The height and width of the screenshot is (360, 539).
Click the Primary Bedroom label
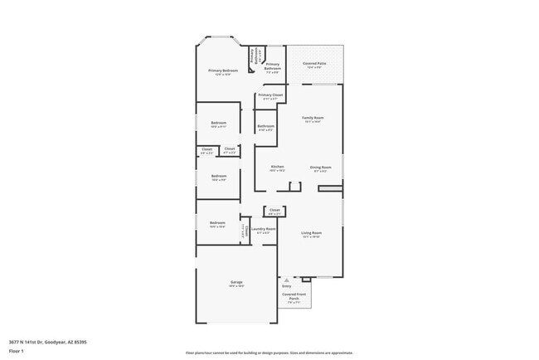pyautogui.click(x=223, y=72)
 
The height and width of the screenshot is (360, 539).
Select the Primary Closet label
pyautogui.click(x=270, y=96)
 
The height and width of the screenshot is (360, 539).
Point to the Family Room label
pyautogui.click(x=313, y=119)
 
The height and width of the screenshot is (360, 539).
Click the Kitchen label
pyautogui.click(x=277, y=168)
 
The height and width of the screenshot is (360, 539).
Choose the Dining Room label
pyautogui.click(x=320, y=168)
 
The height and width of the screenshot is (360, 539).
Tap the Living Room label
pyautogui.click(x=311, y=234)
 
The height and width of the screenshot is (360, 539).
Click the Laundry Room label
pyautogui.click(x=263, y=230)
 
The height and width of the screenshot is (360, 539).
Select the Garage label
pyautogui.click(x=236, y=284)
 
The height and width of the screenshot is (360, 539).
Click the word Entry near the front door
pyautogui.click(x=287, y=286)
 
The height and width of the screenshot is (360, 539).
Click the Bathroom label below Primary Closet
pyautogui.click(x=265, y=127)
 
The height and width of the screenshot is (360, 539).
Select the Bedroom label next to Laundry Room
pyautogui.click(x=217, y=224)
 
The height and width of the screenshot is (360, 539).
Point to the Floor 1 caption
pyautogui.click(x=17, y=351)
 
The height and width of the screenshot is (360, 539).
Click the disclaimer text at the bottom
pyautogui.click(x=269, y=353)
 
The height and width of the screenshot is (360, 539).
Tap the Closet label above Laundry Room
pyautogui.click(x=274, y=211)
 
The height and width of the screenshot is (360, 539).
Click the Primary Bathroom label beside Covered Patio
pyautogui.click(x=272, y=66)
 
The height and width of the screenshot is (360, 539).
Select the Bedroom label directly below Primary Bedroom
pyautogui.click(x=218, y=124)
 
